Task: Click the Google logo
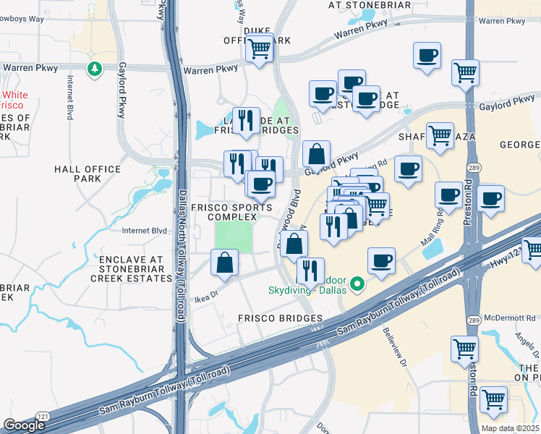pos(25,425)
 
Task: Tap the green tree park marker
pos(94,69)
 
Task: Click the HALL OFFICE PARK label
pos(87,174)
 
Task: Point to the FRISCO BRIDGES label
pos(279,318)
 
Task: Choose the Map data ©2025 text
pos(510,428)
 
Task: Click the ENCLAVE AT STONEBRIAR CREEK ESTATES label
pos(132,268)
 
